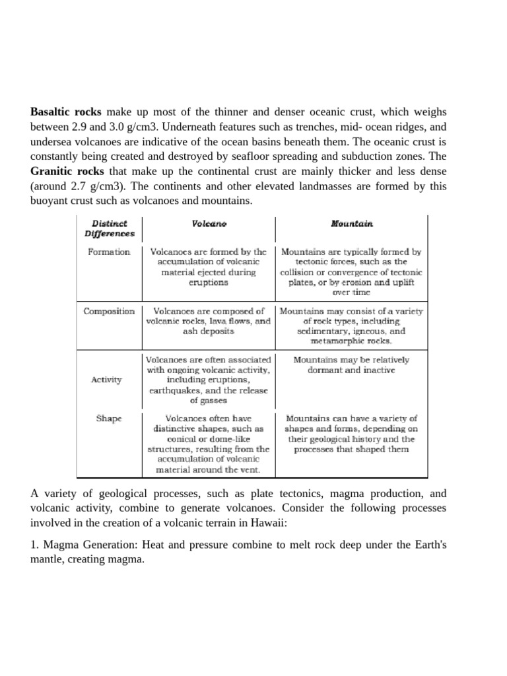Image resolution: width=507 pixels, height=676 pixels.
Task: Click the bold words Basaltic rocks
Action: pyautogui.click(x=65, y=112)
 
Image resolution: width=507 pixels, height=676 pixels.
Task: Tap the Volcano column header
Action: pyautogui.click(x=209, y=224)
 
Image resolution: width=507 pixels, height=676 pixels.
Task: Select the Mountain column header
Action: pyautogui.click(x=351, y=224)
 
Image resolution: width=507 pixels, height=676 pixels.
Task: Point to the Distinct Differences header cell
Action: pyautogui.click(x=109, y=228)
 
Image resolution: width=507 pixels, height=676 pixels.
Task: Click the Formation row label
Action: pyautogui.click(x=109, y=252)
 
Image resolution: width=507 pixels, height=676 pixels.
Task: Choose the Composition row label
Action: pyautogui.click(x=109, y=311)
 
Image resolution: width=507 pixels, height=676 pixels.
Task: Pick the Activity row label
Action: pyautogui.click(x=106, y=380)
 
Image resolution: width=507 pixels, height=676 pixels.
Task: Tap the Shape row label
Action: pyautogui.click(x=108, y=418)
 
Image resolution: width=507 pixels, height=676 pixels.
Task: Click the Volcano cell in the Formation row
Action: pyautogui.click(x=209, y=267)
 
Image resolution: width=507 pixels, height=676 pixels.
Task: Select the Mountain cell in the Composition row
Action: pyautogui.click(x=351, y=326)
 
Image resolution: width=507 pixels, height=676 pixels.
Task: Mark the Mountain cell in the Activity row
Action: pyautogui.click(x=351, y=365)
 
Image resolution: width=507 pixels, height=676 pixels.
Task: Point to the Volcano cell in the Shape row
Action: pyautogui.click(x=209, y=444)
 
